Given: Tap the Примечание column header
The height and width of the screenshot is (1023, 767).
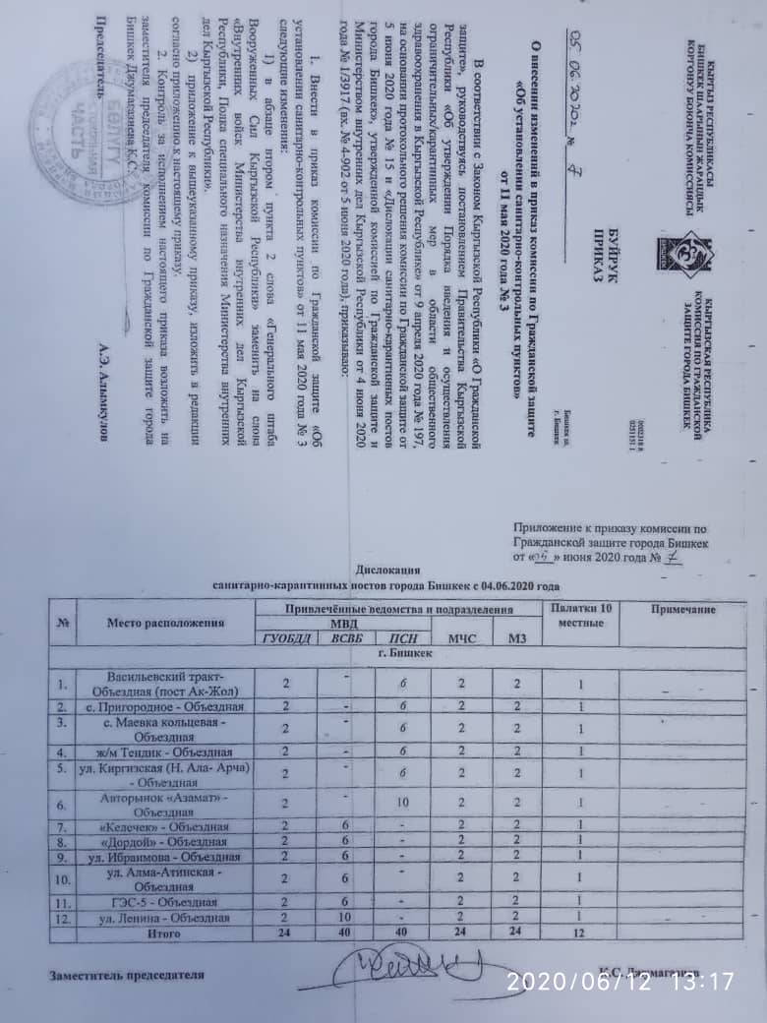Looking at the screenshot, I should click(691, 611).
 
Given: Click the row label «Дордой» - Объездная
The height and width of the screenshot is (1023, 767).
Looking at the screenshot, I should click(163, 841).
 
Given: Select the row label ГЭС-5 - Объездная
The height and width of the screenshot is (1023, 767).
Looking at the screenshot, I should click(163, 902).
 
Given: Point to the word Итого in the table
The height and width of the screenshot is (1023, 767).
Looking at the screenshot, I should click(163, 932).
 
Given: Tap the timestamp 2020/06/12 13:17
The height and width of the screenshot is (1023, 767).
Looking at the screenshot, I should click(620, 980).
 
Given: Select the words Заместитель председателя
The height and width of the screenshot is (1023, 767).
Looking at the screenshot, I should click(128, 975).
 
